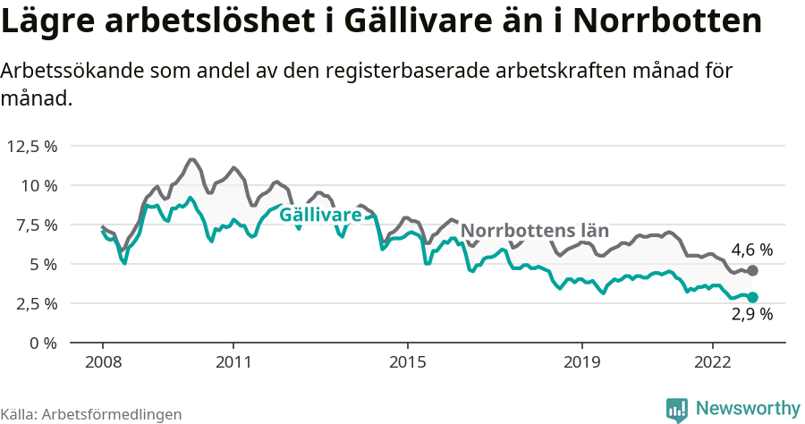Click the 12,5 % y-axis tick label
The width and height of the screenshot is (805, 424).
32,146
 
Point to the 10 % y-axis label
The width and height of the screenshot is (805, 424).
38,185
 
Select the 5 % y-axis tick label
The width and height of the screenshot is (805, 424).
42,264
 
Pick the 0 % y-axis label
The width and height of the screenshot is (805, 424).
42,343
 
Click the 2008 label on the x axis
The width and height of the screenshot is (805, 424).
102,362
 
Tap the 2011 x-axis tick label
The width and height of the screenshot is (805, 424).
233,362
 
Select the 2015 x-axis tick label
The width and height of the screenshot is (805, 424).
407,362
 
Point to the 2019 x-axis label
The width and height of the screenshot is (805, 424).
581,362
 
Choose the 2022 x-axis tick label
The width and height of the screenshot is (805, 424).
712,362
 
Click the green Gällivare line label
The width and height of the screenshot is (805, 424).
320,215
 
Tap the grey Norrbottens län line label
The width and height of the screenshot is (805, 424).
534,231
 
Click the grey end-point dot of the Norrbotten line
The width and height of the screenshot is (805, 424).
752,270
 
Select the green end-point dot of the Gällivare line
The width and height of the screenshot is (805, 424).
752,297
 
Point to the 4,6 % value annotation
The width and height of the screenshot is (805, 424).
751,250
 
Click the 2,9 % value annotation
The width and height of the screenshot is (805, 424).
751,314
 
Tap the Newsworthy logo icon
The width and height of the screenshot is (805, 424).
677,408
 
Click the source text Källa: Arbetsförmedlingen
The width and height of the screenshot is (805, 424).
91,414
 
